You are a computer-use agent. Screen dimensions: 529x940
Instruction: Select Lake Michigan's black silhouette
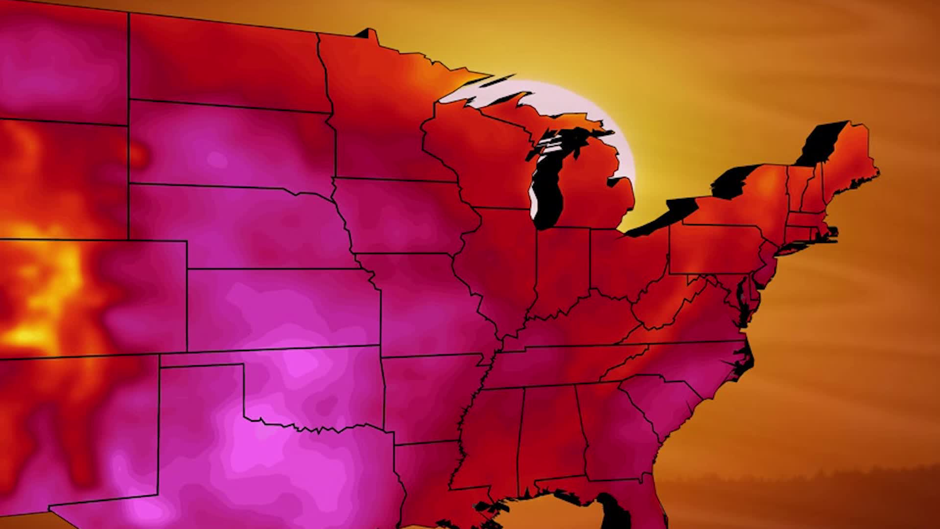point(551,186)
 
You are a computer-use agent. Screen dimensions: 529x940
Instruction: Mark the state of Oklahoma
point(313,387)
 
